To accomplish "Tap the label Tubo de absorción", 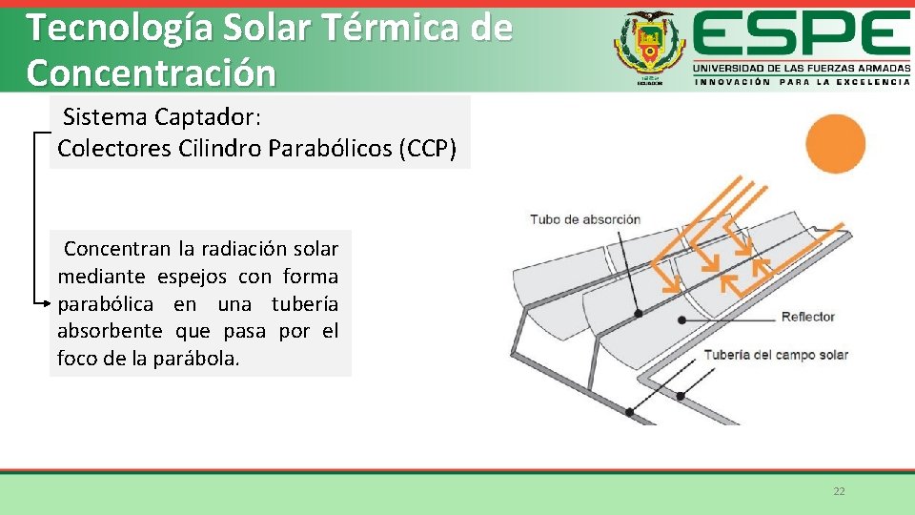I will pos(585,219).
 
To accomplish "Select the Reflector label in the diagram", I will pos(807,317).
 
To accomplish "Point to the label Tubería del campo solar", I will pos(775,355).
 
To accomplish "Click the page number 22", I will pos(839,491).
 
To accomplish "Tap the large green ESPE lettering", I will pos(801,36).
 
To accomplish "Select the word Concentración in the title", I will pos(152,72).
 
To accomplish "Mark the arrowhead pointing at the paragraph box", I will pos(46,303).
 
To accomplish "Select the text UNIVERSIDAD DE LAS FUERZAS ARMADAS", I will pos(801,69).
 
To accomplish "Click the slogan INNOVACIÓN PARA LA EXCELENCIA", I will pos(802,82).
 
